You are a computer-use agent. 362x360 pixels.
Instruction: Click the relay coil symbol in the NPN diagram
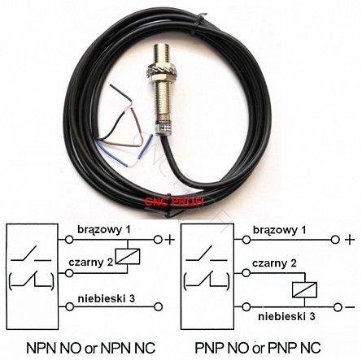pos(128,256)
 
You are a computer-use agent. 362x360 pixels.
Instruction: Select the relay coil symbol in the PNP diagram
pos(304,290)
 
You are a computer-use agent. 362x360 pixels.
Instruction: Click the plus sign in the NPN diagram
pos(170,240)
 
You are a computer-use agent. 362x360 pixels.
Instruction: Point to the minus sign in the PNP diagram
pos(350,307)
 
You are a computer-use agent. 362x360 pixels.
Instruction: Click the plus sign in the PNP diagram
pos(350,240)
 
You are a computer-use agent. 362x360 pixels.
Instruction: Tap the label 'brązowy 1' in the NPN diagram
pos(104,230)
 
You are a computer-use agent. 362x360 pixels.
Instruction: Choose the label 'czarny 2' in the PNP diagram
pos(274,263)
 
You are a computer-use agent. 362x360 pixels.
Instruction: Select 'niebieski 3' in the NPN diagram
pos(106,298)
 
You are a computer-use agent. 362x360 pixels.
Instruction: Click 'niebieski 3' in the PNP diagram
pos(286,316)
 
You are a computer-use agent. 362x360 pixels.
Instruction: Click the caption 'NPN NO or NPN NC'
pos(90,348)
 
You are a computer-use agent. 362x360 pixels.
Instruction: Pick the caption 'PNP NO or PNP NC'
pos(258,348)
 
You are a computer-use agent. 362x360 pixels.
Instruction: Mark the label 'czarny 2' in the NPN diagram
pos(91,262)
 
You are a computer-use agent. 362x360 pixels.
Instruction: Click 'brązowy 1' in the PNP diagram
pos(280,230)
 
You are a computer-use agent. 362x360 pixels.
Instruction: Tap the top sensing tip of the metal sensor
pos(161,44)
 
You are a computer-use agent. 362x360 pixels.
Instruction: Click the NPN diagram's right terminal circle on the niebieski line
pos(158,307)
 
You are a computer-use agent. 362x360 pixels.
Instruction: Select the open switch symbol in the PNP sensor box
pos(207,254)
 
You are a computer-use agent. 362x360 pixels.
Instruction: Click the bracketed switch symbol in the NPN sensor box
pos(31,282)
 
